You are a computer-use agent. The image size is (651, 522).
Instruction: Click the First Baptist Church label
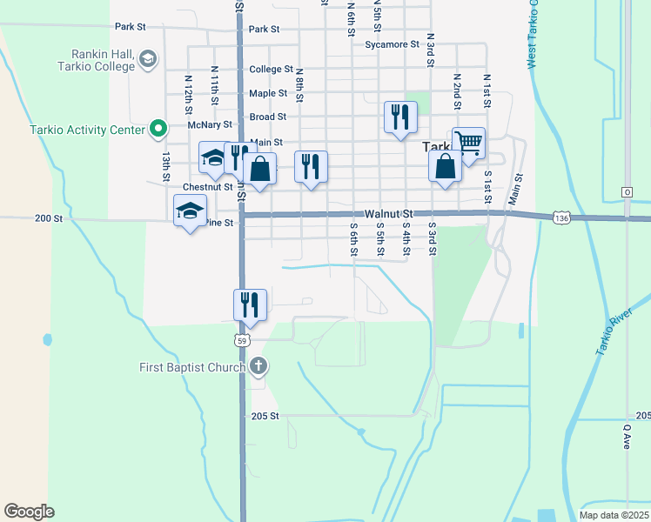tap(192, 367)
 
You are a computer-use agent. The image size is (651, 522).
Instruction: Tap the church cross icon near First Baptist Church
tap(258, 366)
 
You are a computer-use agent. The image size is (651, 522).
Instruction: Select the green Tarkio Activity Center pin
tap(158, 130)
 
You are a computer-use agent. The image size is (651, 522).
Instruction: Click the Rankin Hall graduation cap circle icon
tap(147, 59)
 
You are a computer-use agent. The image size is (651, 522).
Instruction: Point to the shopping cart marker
tap(468, 142)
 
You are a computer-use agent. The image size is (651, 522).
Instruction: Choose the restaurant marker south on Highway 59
tap(250, 304)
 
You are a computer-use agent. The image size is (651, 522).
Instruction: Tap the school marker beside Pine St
tap(190, 211)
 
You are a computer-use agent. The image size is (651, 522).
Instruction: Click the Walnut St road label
tap(388, 213)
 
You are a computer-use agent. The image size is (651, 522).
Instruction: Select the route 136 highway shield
tap(560, 218)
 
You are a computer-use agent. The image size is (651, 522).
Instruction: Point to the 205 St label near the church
tap(265, 416)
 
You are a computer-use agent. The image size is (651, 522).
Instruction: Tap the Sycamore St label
tap(387, 43)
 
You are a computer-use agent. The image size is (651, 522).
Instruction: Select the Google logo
tap(29, 511)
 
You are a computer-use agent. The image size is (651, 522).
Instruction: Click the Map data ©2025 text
tap(613, 515)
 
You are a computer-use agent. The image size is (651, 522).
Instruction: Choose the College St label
tap(271, 70)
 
